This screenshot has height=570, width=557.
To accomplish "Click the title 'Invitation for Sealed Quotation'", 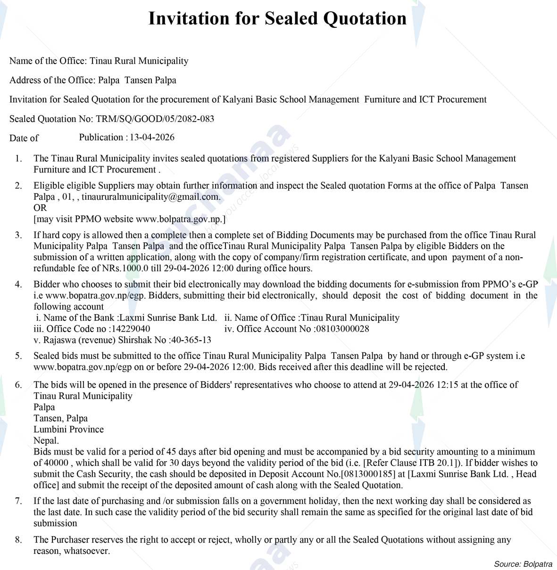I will [277, 19].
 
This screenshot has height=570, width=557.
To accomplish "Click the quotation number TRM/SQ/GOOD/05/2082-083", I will [155, 119].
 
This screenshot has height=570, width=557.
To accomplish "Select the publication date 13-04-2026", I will [152, 137].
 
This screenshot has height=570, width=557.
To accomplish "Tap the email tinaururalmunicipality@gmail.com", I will [150, 196].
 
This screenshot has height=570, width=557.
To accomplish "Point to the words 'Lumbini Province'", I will [68, 429].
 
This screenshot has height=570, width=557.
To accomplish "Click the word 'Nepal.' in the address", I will [46, 440].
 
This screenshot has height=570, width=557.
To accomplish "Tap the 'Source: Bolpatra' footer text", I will [523, 564].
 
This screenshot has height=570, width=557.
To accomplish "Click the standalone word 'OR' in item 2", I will [40, 208].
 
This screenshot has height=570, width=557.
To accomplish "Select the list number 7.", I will [18, 501].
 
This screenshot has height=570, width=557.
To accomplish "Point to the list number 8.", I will [18, 540].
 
